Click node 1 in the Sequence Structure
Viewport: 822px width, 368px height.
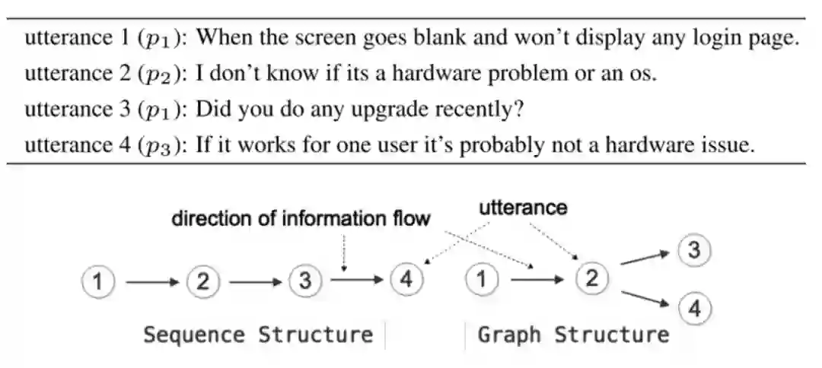(x=97, y=281)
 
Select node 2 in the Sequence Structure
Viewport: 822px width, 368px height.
(x=202, y=281)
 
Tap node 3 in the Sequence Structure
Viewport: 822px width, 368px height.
(x=305, y=281)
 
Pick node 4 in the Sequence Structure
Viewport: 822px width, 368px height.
(x=406, y=280)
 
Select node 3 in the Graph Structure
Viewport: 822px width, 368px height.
(x=695, y=250)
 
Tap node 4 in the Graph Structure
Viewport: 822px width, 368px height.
(x=695, y=308)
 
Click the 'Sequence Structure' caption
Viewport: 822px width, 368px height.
(x=259, y=335)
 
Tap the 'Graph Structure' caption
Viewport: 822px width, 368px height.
(x=573, y=335)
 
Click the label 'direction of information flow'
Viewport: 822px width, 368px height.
(x=301, y=219)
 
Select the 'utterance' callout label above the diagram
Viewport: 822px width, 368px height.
(x=523, y=207)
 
